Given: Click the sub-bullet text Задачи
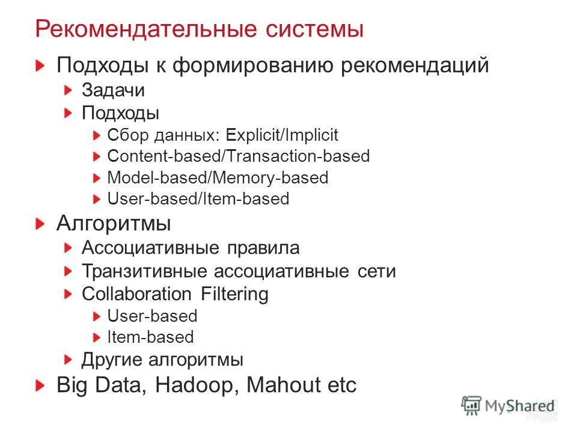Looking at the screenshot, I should point(113,90).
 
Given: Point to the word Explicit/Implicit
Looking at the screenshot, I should point(287,135).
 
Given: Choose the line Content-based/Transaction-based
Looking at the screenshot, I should point(238,156).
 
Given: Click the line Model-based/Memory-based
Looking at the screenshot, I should point(218,177).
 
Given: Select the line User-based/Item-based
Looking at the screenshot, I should point(198,198).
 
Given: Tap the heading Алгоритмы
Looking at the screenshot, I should point(114,224).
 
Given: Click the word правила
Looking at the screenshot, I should point(263,248).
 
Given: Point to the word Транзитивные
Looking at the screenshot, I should point(144,271).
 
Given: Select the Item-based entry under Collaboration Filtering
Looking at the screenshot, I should point(150,337).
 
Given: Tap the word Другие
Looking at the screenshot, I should point(112,360).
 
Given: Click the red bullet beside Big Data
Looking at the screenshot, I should point(40,385).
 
